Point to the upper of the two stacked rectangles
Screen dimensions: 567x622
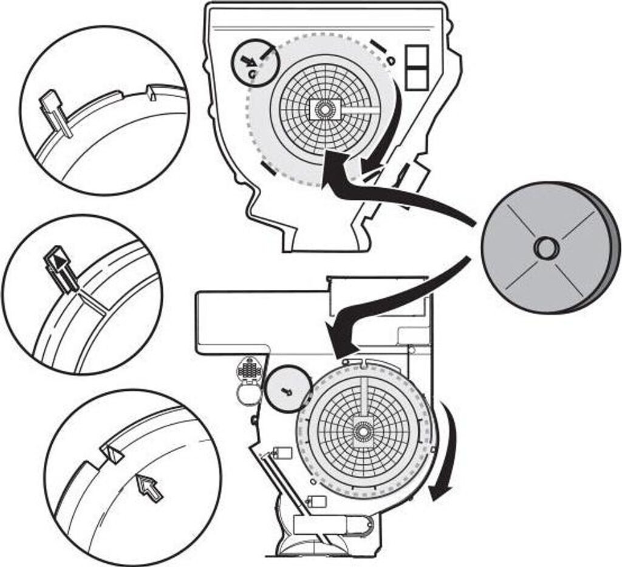417,56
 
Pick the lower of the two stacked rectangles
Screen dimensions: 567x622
417,78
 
